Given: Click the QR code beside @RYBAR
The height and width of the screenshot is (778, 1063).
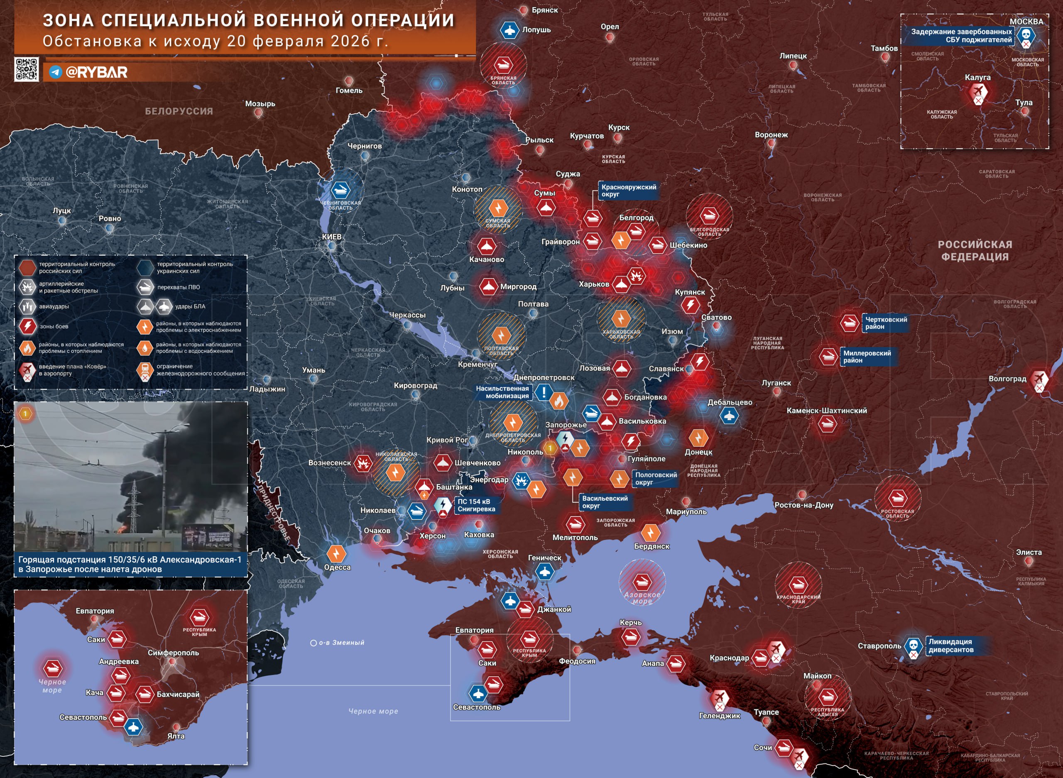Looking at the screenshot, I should pyautogui.click(x=27, y=70).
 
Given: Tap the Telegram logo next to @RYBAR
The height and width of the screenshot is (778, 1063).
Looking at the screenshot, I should pyautogui.click(x=56, y=72).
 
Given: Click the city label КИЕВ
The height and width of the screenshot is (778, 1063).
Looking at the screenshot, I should pyautogui.click(x=332, y=237).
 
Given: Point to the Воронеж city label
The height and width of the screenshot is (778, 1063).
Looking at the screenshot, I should pyautogui.click(x=771, y=135).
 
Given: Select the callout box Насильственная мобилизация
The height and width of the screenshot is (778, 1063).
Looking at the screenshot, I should pyautogui.click(x=502, y=392).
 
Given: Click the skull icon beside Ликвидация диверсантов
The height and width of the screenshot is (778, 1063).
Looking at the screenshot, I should pyautogui.click(x=913, y=645).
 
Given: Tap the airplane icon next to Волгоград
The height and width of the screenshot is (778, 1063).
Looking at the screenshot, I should pyautogui.click(x=1039, y=378).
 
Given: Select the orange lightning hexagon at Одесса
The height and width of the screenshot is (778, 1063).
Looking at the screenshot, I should pyautogui.click(x=336, y=554).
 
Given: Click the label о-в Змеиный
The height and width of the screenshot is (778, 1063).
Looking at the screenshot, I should pyautogui.click(x=341, y=643).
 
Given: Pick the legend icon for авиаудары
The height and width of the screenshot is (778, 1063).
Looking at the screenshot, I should pyautogui.click(x=27, y=306).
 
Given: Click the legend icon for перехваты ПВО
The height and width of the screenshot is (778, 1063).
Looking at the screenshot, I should pyautogui.click(x=145, y=287).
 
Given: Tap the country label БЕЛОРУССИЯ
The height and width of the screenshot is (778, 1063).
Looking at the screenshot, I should pyautogui.click(x=179, y=111).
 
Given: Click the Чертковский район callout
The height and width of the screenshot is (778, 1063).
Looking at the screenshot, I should pyautogui.click(x=885, y=323).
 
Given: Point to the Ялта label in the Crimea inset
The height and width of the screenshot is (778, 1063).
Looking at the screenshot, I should pyautogui.click(x=176, y=736).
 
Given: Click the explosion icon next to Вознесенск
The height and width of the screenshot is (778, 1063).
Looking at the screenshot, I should pyautogui.click(x=362, y=463).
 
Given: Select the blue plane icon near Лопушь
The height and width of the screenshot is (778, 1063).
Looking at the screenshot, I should pyautogui.click(x=509, y=31).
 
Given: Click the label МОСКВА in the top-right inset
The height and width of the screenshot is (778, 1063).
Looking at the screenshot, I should pyautogui.click(x=1026, y=22).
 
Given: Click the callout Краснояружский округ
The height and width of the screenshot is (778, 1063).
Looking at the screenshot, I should pyautogui.click(x=628, y=191).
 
